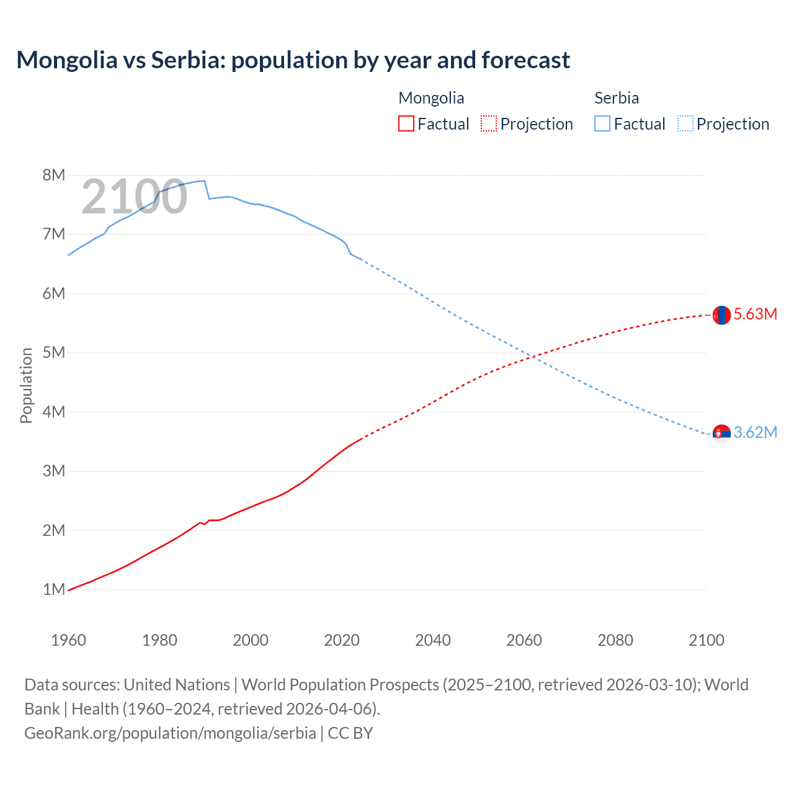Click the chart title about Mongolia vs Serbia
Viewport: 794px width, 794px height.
click(293, 60)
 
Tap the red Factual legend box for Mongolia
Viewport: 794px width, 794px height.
click(406, 123)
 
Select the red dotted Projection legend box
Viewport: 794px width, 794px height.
click(488, 123)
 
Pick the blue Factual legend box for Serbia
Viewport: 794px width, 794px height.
click(602, 123)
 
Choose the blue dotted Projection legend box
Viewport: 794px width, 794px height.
click(685, 123)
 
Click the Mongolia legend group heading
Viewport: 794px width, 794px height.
click(431, 98)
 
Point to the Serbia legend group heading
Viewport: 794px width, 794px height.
click(617, 98)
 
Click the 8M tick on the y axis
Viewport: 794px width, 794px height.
click(54, 175)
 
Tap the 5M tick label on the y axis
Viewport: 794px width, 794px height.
click(54, 352)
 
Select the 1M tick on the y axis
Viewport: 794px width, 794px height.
click(54, 589)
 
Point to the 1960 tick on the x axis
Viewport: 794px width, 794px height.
click(68, 640)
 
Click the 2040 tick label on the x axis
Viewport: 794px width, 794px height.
click(433, 640)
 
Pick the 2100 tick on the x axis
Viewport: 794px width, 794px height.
click(707, 640)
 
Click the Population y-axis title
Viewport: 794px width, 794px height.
click(26, 385)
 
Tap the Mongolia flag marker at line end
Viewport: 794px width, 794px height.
click(721, 315)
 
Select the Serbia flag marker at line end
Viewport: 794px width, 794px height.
click(721, 433)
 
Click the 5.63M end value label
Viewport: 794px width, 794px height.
click(756, 314)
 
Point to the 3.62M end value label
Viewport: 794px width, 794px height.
click(756, 432)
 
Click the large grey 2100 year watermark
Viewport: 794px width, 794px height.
click(134, 197)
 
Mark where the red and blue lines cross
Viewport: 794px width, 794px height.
click(532, 357)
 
